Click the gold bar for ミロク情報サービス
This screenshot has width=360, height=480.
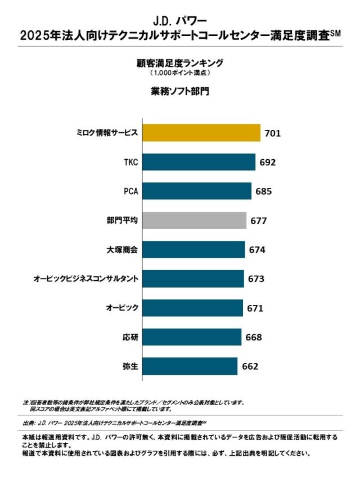pos(201,133)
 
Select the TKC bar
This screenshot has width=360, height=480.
pos(199,162)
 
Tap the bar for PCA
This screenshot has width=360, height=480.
pos(197,191)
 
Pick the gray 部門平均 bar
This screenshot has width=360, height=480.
pos(195,220)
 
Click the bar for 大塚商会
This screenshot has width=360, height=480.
pos(194,249)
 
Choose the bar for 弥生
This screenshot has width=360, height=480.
pos(190,366)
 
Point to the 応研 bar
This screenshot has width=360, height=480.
pos(192,337)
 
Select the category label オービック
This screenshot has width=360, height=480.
pos(122,308)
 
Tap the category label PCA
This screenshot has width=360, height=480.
pos(130,191)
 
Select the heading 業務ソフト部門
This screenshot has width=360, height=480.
pos(180,91)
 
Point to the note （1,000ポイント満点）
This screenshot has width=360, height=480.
pos(180,73)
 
